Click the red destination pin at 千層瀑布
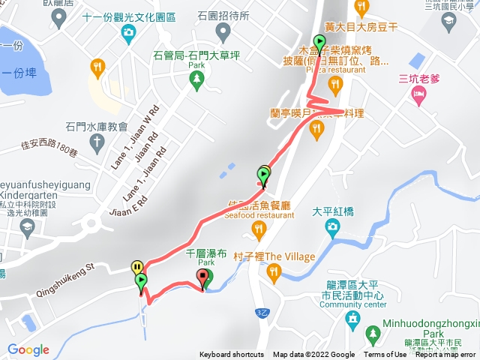tap(202, 279)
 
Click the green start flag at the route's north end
tap(320, 43)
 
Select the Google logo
tap(28, 349)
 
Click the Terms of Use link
tap(385, 355)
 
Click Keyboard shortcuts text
tap(231, 355)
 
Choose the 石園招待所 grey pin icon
tap(223, 31)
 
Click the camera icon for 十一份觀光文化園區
tap(128, 32)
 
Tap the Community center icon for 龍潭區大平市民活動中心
tap(352, 319)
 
